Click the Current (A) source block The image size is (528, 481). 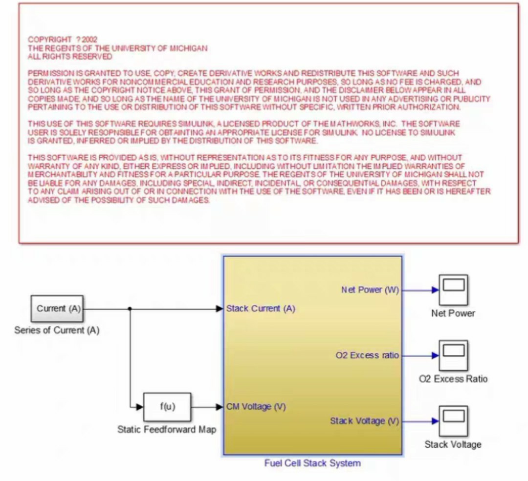(x=58, y=309)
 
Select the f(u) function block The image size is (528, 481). (x=167, y=407)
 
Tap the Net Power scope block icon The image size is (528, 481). (x=453, y=290)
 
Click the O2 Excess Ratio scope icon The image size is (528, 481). (x=453, y=356)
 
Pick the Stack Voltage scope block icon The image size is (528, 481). (x=453, y=421)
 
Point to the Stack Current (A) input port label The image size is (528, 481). (x=261, y=309)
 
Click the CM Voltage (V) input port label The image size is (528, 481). (x=256, y=407)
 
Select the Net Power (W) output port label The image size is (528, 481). (x=370, y=290)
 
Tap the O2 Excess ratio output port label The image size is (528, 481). (x=367, y=356)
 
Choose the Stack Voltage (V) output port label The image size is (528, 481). (x=365, y=421)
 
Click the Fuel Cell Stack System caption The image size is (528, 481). (x=312, y=463)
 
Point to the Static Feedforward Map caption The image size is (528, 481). (x=167, y=430)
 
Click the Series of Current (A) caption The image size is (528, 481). (x=57, y=330)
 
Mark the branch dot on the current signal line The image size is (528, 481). (x=130, y=309)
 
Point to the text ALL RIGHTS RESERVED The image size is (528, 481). (x=70, y=57)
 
